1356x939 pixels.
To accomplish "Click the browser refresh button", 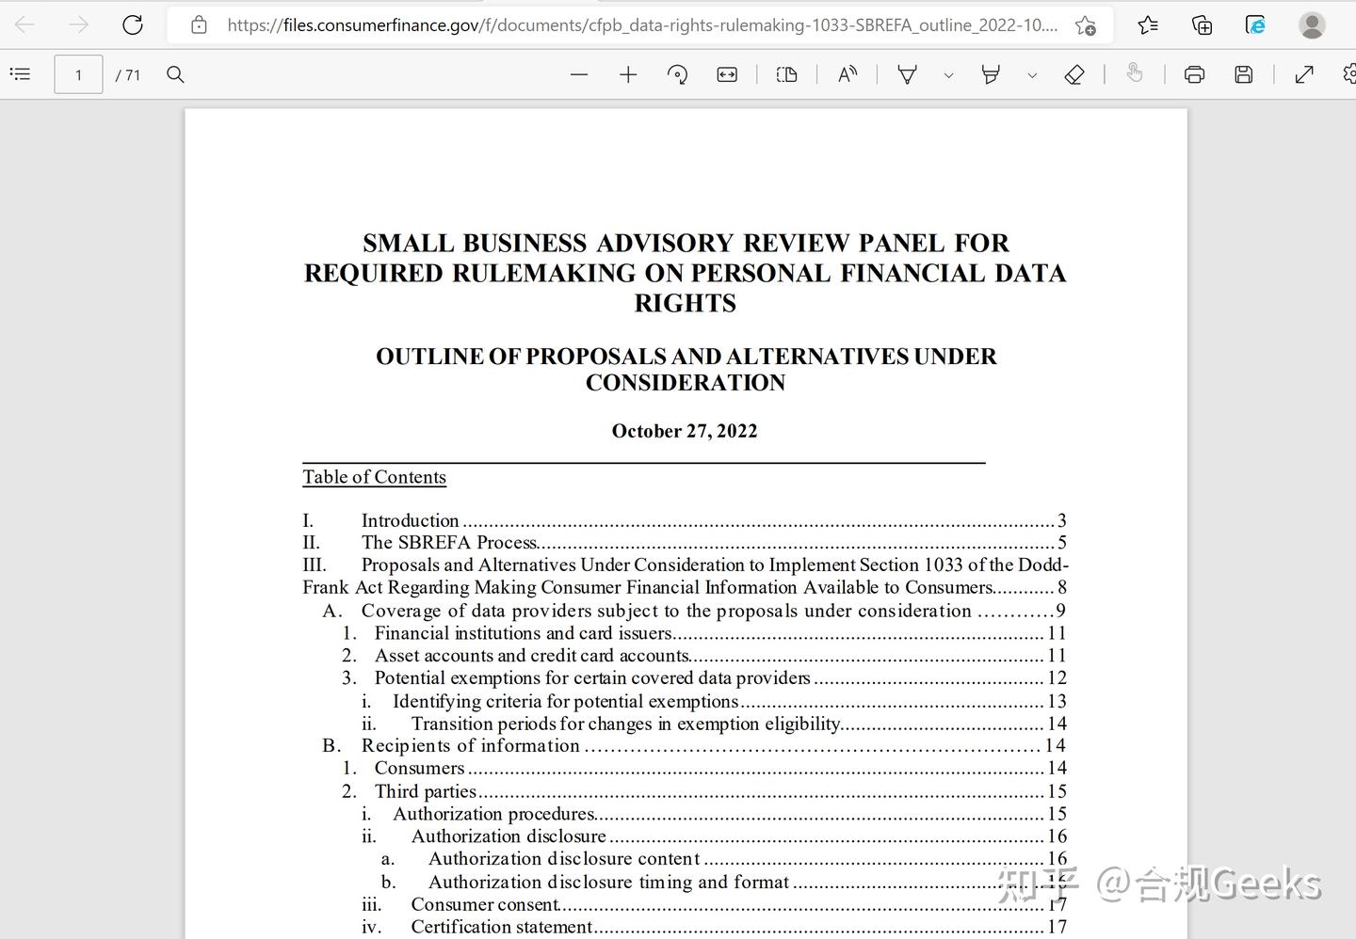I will click(133, 25).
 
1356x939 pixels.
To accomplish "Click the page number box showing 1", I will click(78, 75).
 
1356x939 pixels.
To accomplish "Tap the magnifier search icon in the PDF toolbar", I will click(175, 74).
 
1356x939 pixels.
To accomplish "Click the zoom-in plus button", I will click(628, 75).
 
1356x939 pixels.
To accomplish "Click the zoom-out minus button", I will click(579, 75).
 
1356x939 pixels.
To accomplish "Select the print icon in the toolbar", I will click(1194, 75).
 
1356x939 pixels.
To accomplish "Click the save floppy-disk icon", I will click(1244, 75).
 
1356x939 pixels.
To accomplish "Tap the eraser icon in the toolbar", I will click(1074, 75).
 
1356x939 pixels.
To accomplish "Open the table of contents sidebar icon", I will click(20, 74).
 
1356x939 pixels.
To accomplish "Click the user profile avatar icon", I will click(1312, 25).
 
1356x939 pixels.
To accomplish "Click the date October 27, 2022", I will click(685, 431).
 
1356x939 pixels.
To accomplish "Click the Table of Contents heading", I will click(374, 477).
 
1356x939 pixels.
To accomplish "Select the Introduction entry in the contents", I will click(410, 520).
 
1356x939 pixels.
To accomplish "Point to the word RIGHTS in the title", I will click(685, 303).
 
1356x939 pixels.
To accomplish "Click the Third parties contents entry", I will click(426, 791).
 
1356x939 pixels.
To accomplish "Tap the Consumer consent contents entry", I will click(485, 904).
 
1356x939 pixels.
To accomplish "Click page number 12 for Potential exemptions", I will click(1057, 678).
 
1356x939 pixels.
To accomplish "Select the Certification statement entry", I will click(501, 927).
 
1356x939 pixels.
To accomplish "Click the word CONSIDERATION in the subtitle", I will click(686, 383).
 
